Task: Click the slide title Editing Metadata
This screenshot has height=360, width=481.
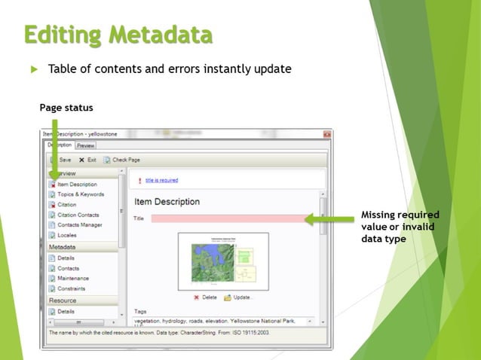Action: click(x=118, y=34)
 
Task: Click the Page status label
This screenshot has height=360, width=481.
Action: click(x=66, y=108)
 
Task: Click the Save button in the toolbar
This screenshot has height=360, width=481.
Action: click(x=61, y=160)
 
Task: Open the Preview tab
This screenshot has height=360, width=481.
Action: click(x=85, y=145)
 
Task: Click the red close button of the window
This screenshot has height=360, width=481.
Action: click(x=326, y=133)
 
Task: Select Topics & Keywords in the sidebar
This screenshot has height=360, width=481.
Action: click(x=80, y=194)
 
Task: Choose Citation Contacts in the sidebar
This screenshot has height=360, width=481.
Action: click(x=79, y=215)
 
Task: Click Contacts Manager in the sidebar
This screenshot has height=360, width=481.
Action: click(x=80, y=224)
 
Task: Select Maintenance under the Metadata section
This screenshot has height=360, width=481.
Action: click(x=73, y=279)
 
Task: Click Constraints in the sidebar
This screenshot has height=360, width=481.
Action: click(x=72, y=288)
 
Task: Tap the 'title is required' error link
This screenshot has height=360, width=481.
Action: click(x=161, y=181)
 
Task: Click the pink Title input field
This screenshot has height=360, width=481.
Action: click(x=227, y=219)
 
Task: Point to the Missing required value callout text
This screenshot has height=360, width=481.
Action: click(x=400, y=227)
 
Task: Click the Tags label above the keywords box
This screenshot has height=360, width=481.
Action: click(x=140, y=311)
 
